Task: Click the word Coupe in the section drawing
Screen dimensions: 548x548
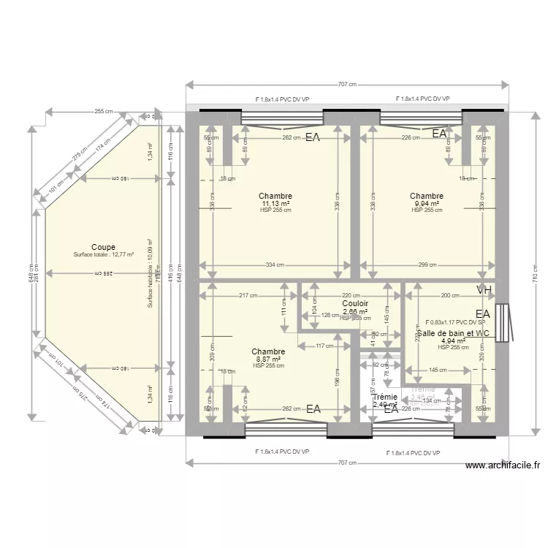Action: coord(103,247)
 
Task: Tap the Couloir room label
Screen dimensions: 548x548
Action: coord(354,303)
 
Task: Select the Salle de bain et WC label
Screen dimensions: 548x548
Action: coord(453,333)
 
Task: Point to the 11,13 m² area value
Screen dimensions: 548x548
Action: coord(275,203)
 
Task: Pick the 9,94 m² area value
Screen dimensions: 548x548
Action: coord(426,203)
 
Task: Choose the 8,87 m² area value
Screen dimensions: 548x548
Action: coord(267,359)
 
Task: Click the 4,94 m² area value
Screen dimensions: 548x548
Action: coord(453,340)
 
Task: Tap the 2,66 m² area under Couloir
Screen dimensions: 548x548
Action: coord(354,311)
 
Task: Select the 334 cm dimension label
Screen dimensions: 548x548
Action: coord(274,265)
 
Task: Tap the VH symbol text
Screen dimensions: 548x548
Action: coord(484,290)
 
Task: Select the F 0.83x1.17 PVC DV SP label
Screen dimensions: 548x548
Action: coord(455,322)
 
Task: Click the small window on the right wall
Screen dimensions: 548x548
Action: coord(501,321)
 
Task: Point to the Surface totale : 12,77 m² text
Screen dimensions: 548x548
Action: coord(103,255)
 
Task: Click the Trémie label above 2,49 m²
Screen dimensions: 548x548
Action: coord(384,397)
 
